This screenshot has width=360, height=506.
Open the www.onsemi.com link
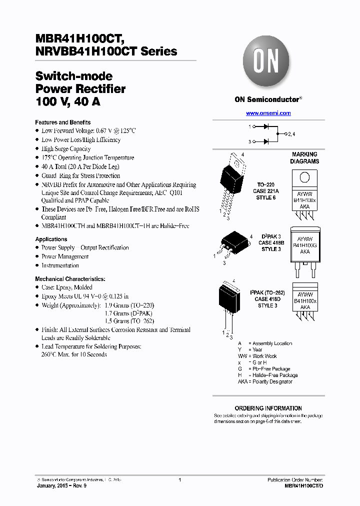pos(268,113)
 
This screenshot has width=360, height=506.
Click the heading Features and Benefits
pos(62,122)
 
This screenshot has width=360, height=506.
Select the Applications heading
pos(51,239)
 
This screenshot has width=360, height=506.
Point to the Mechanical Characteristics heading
pos(70,279)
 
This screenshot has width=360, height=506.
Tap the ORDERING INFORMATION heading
pos(268,408)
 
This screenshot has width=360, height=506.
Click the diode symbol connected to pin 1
pos(266,127)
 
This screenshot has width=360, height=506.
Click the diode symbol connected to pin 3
pos(266,142)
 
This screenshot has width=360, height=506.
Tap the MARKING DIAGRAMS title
pos(304,158)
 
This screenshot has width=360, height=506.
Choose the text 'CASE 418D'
pos(268,299)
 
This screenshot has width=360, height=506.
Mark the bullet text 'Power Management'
pos(65,256)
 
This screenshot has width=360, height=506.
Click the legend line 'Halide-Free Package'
pos(275,375)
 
